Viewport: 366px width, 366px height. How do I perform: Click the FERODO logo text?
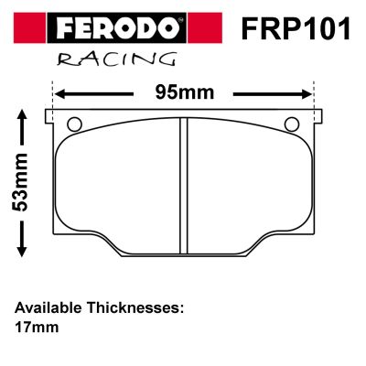(118, 28)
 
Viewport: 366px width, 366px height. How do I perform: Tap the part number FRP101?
(296, 29)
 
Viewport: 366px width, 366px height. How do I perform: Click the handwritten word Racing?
(117, 59)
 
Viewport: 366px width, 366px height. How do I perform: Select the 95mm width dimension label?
(185, 92)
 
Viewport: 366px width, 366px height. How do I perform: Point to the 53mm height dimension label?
(20, 182)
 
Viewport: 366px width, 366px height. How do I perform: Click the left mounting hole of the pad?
(74, 124)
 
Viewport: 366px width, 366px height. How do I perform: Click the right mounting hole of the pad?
(292, 124)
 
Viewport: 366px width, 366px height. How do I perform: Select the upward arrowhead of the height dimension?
(22, 116)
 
